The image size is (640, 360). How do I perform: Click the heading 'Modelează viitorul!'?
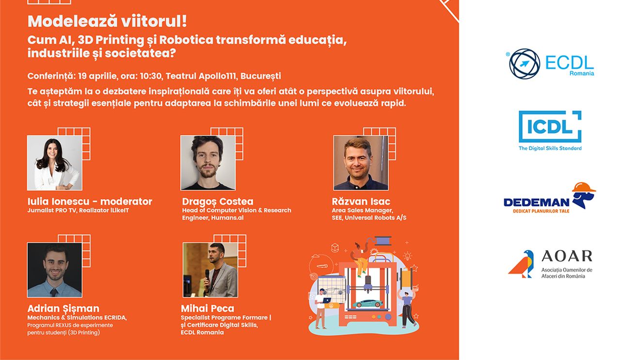107,22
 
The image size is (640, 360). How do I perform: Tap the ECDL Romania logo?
551,63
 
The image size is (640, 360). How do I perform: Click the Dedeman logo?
549,199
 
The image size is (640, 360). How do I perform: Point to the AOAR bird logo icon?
522,264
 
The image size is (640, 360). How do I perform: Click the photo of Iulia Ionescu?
54,163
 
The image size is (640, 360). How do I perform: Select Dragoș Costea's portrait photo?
208,163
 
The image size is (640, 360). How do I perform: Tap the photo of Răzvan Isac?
360,163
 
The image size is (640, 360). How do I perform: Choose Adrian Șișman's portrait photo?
54,270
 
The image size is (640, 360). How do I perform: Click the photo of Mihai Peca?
210,270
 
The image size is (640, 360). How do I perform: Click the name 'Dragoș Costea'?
218,202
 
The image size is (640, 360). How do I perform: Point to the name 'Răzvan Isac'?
361,202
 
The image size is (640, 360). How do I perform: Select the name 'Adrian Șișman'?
64,309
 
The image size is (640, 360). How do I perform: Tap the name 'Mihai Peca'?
208,309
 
